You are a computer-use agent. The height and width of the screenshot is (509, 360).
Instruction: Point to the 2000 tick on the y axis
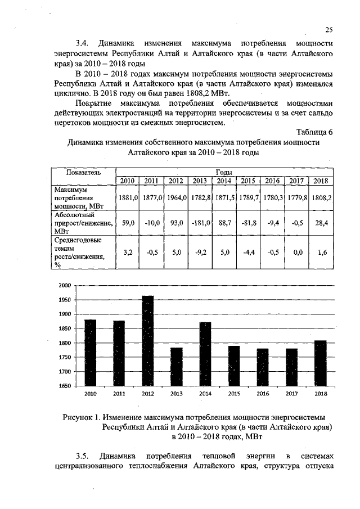coord(65,285)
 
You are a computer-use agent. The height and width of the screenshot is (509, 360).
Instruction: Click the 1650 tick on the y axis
coord(65,386)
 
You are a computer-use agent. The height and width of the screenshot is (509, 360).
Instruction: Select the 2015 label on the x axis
coord(234,394)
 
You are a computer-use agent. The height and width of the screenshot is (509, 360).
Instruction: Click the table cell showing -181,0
coord(200,223)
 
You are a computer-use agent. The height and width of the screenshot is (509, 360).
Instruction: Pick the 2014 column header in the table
coord(224,181)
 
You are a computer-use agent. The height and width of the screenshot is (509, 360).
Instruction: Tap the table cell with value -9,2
coord(200,253)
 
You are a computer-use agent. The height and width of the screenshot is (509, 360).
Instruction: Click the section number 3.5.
coord(83,455)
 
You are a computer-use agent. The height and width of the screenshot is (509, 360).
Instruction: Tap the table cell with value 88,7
coord(224,223)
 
